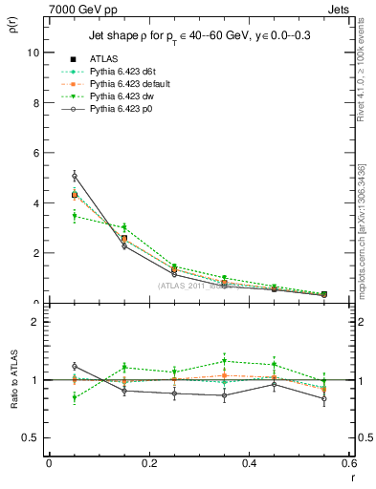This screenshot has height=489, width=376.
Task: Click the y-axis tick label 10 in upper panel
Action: pyautogui.click(x=33, y=53)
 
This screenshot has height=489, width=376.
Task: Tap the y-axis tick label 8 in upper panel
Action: pyautogui.click(x=36, y=103)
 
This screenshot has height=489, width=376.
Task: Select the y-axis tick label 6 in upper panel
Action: pyautogui.click(x=36, y=153)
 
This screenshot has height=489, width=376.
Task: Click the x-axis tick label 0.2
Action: pyautogui.click(x=148, y=463)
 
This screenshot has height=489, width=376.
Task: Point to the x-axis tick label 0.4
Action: pyautogui.click(x=249, y=463)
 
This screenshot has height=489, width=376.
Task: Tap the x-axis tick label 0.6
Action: pyautogui.click(x=348, y=463)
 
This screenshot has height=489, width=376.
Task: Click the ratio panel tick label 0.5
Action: pyautogui.click(x=32, y=437)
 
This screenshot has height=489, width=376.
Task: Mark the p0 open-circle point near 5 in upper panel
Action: pyautogui.click(x=75, y=176)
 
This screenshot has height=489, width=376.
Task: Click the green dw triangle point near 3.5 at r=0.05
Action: pyautogui.click(x=75, y=216)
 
